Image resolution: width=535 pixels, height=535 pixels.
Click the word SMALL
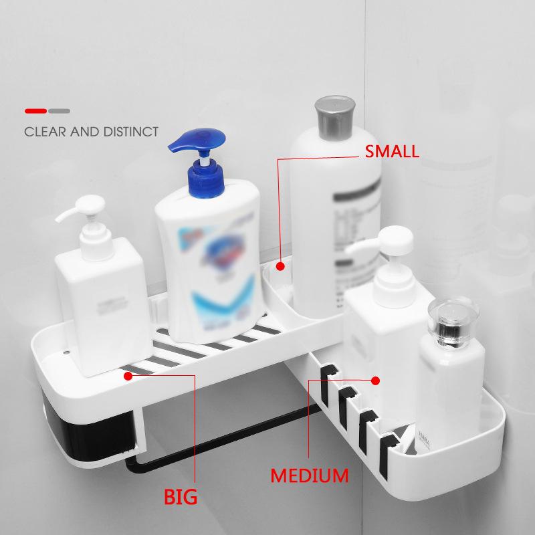point(391,151)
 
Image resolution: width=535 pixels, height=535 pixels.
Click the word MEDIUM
point(309,476)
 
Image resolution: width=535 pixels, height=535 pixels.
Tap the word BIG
point(181,497)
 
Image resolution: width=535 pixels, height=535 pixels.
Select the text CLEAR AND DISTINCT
point(92,132)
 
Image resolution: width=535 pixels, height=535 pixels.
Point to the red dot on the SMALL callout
point(281,266)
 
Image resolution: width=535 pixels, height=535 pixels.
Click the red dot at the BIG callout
point(128,376)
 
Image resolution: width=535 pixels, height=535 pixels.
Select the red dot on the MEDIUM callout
point(376,381)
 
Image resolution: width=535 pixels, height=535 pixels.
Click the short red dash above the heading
point(35,110)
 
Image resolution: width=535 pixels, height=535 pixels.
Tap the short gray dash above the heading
point(59,110)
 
